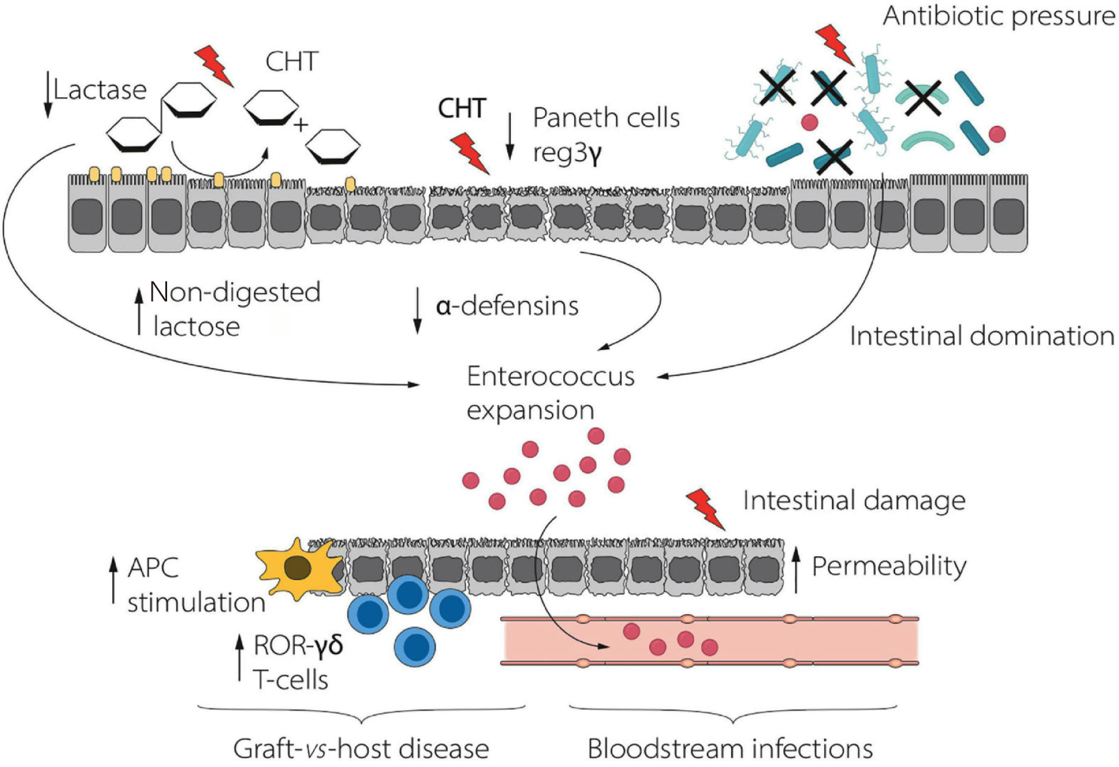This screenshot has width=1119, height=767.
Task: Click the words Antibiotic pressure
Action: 998,16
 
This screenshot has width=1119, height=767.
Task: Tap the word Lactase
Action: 100,90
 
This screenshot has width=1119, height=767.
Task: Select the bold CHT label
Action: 462,109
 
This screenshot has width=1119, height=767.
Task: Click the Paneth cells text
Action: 606,118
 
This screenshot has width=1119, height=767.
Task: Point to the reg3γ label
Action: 567,153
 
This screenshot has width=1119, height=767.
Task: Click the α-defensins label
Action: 507,306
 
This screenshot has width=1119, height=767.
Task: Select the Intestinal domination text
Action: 982,336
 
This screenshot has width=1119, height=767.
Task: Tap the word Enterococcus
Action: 550,377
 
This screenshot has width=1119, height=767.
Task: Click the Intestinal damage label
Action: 854,500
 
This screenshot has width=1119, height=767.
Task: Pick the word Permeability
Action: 889,566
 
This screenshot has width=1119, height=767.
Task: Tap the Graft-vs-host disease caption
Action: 361,748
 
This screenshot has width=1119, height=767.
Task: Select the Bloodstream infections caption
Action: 730,748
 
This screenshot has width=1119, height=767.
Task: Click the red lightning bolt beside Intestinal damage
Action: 706,509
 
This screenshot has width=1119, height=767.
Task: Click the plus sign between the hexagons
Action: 301,125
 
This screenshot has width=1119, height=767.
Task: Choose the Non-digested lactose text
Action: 235,309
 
